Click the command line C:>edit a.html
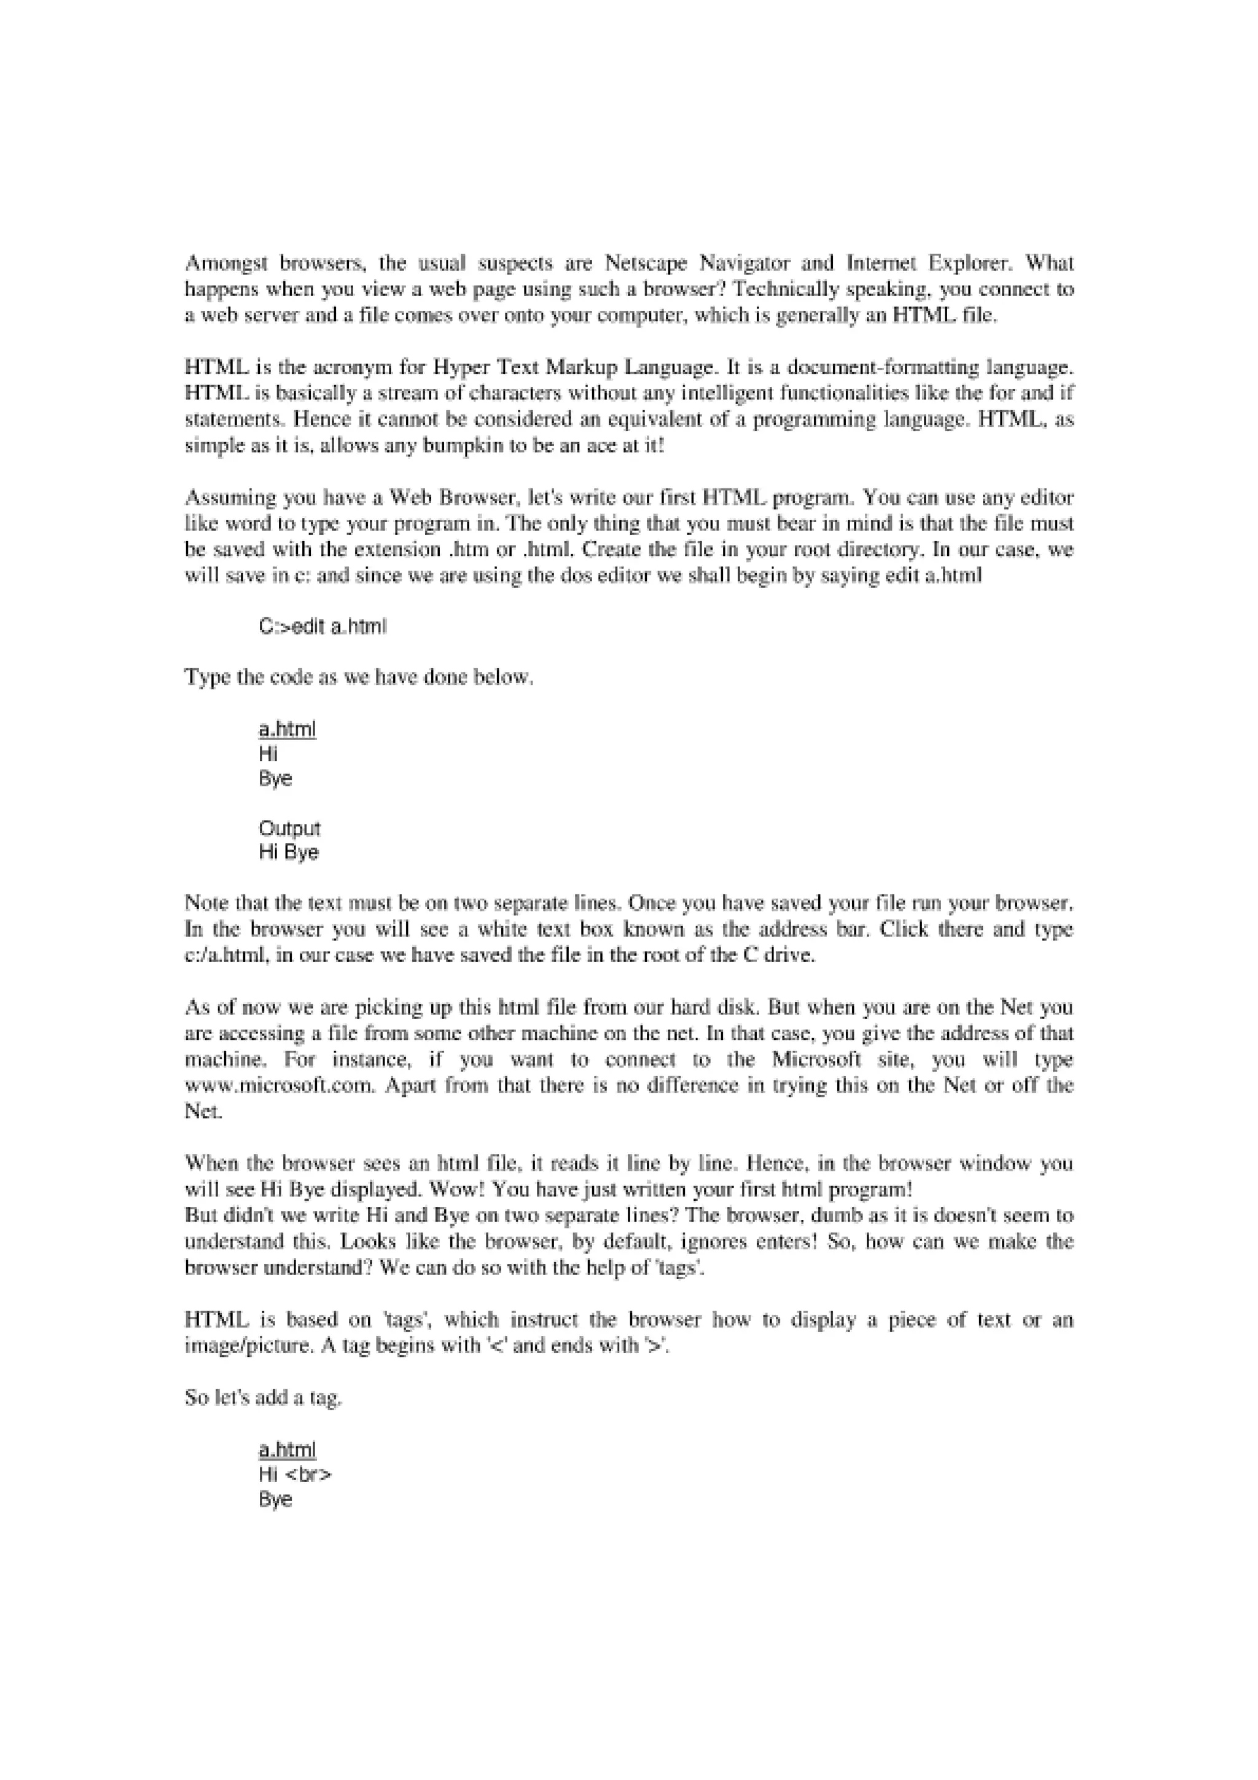tap(322, 627)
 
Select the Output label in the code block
tap(289, 829)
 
